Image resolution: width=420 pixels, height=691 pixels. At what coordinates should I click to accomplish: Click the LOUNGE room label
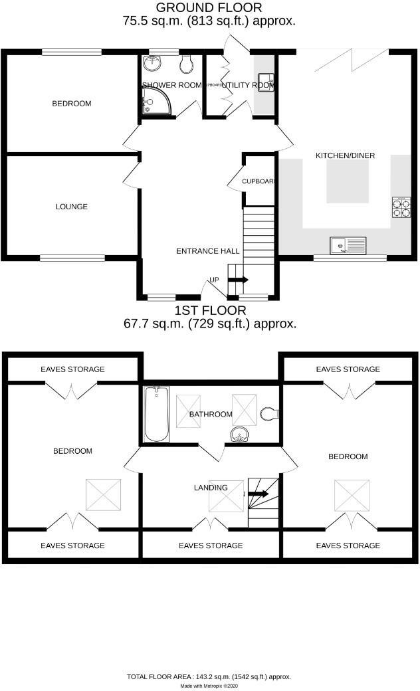[x=72, y=207]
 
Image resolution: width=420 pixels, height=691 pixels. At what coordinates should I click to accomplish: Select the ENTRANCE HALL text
[x=207, y=251]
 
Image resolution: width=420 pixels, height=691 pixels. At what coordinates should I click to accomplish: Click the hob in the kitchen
[x=401, y=207]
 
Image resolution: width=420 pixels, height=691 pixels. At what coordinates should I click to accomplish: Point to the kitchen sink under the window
[x=348, y=245]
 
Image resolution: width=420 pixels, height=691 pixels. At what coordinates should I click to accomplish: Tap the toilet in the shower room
[x=187, y=64]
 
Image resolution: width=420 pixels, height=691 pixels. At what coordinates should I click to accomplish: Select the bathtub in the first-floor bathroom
[x=157, y=414]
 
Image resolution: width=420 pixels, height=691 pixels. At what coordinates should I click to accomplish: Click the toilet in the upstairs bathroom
[x=269, y=413]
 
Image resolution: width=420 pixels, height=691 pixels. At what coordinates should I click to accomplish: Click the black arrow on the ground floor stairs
[x=239, y=280]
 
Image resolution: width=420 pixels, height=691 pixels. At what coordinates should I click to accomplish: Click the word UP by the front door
[x=214, y=280]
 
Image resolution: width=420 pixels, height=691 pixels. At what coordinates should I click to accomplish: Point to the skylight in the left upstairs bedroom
[x=103, y=495]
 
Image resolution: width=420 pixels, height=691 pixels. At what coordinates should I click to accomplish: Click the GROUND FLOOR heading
[x=209, y=8]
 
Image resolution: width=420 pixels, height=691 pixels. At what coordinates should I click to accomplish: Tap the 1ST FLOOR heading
[x=210, y=310]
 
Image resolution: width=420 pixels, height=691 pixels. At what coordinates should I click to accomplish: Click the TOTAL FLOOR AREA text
[x=209, y=676]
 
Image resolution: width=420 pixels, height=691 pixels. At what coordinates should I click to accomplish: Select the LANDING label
[x=211, y=487]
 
